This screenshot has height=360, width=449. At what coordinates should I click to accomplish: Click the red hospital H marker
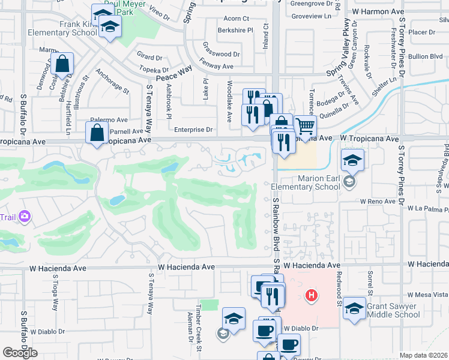pos(311,295)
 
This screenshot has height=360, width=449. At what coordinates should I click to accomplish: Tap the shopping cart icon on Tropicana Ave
pos(305,127)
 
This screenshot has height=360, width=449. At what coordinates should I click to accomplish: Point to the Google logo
pos(20,353)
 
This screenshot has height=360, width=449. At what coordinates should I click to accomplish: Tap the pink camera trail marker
pos(25,216)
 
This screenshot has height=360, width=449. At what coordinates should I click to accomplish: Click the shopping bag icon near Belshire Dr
pos(62,63)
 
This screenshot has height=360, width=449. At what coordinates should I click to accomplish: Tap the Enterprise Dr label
pos(193,129)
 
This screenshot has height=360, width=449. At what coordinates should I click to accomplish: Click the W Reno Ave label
pos(378,202)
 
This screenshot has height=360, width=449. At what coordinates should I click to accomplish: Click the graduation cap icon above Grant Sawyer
pos(354,308)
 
